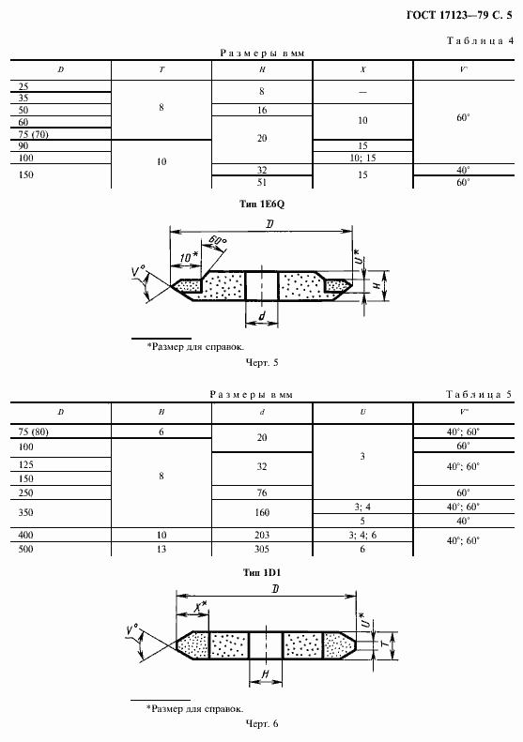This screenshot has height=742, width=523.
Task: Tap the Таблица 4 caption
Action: tap(480, 40)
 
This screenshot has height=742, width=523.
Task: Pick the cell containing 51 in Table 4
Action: tap(262, 182)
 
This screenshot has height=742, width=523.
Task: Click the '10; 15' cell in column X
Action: tap(362, 158)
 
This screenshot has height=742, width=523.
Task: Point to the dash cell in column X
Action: tap(362, 92)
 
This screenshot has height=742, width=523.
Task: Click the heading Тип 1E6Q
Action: tap(262, 204)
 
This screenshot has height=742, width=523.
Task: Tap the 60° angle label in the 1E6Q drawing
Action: tap(218, 240)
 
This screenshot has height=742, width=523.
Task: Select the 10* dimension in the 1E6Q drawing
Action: tap(189, 257)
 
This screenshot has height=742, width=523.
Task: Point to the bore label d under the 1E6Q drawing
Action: tap(262, 316)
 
